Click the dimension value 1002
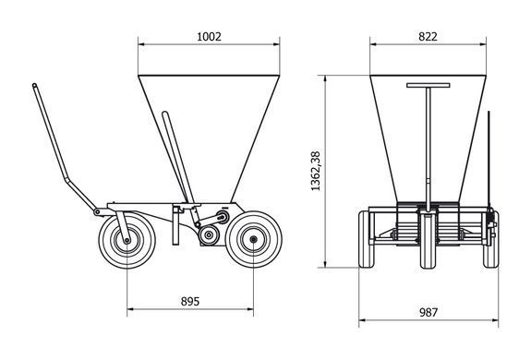[209, 37]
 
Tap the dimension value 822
[428, 37]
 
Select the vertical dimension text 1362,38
[316, 171]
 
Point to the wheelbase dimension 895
[190, 301]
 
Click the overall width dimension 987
[428, 312]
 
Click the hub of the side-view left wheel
[127, 241]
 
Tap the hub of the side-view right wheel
[253, 240]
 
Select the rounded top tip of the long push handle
[34, 85]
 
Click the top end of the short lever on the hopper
[164, 114]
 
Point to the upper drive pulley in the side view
[223, 217]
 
